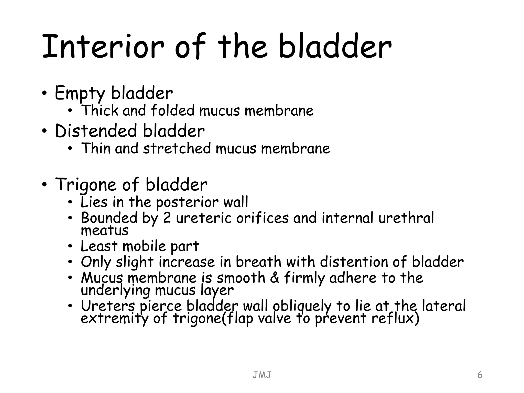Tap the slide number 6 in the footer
[480, 375]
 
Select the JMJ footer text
[262, 375]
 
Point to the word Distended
[96, 131]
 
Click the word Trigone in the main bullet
[86, 185]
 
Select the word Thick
[100, 111]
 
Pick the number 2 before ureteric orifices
[167, 218]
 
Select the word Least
[99, 246]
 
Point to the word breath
[258, 262]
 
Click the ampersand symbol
[275, 278]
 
